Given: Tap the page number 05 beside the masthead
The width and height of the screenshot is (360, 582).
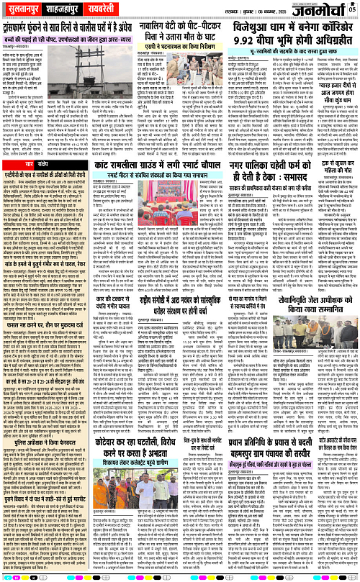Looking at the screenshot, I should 352,9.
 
